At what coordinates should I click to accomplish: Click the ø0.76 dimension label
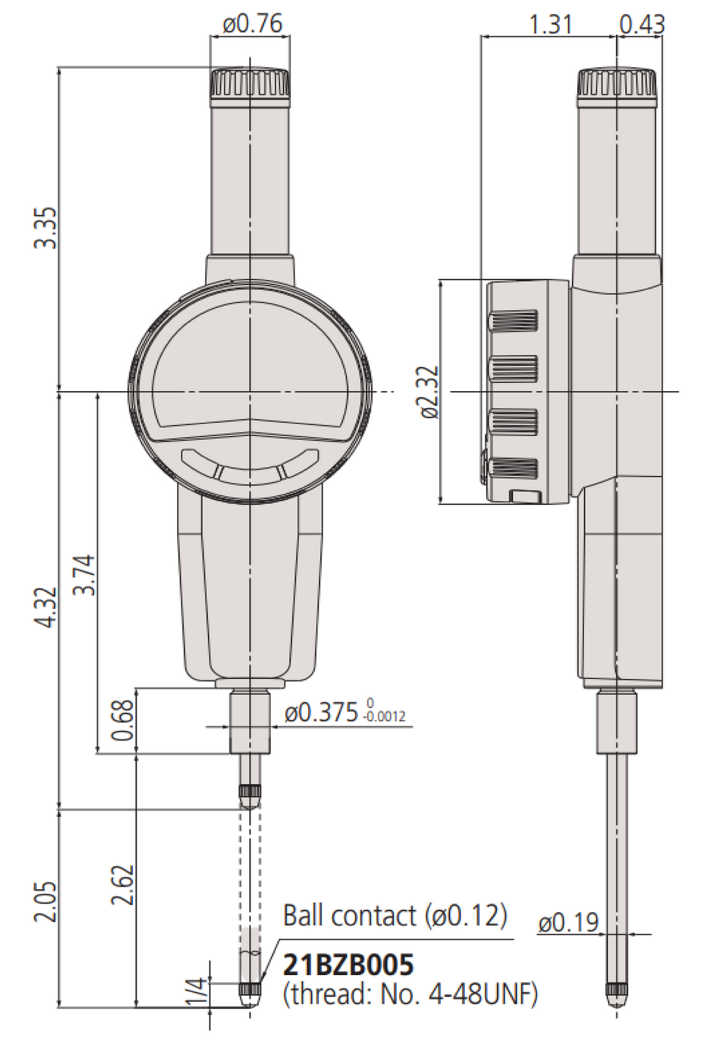(252, 24)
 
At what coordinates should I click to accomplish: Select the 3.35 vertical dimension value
(46, 228)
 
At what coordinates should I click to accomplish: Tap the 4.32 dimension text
(46, 607)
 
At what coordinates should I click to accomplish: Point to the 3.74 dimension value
(85, 575)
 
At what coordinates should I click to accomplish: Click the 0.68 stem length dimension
(123, 720)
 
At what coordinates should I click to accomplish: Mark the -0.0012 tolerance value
(385, 717)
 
